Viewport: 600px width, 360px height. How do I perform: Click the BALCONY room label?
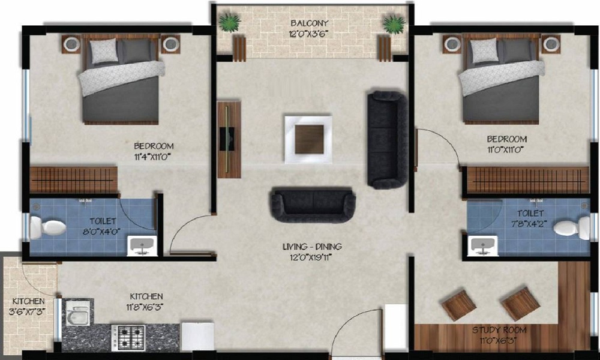click(310, 23)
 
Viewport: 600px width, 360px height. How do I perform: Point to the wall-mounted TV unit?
click(228, 139)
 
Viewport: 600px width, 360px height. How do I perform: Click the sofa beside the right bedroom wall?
click(386, 139)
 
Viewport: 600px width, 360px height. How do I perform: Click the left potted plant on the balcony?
click(230, 24)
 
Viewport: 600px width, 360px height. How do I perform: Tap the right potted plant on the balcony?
click(394, 25)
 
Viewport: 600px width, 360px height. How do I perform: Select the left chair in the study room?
click(458, 304)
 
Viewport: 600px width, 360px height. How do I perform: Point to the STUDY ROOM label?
click(499, 330)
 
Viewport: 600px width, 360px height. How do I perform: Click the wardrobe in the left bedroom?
click(73, 179)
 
